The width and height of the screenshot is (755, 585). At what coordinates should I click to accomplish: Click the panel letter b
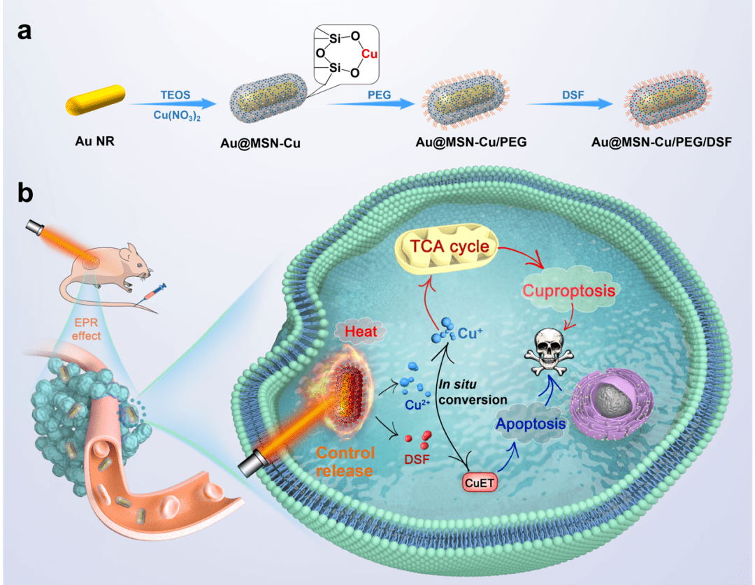click(26, 194)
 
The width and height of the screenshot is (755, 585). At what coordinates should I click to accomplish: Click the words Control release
click(345, 461)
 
